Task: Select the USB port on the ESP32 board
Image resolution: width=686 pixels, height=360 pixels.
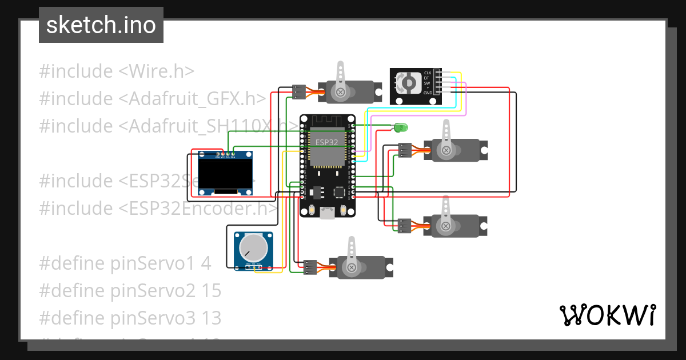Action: [328, 213]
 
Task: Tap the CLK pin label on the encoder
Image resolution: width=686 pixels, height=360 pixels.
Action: [427, 73]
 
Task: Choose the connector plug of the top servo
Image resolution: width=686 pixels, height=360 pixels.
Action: [298, 91]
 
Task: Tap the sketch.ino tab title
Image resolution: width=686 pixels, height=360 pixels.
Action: [101, 25]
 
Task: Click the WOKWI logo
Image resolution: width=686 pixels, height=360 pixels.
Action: [607, 315]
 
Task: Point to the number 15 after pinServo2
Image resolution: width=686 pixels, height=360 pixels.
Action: [211, 291]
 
